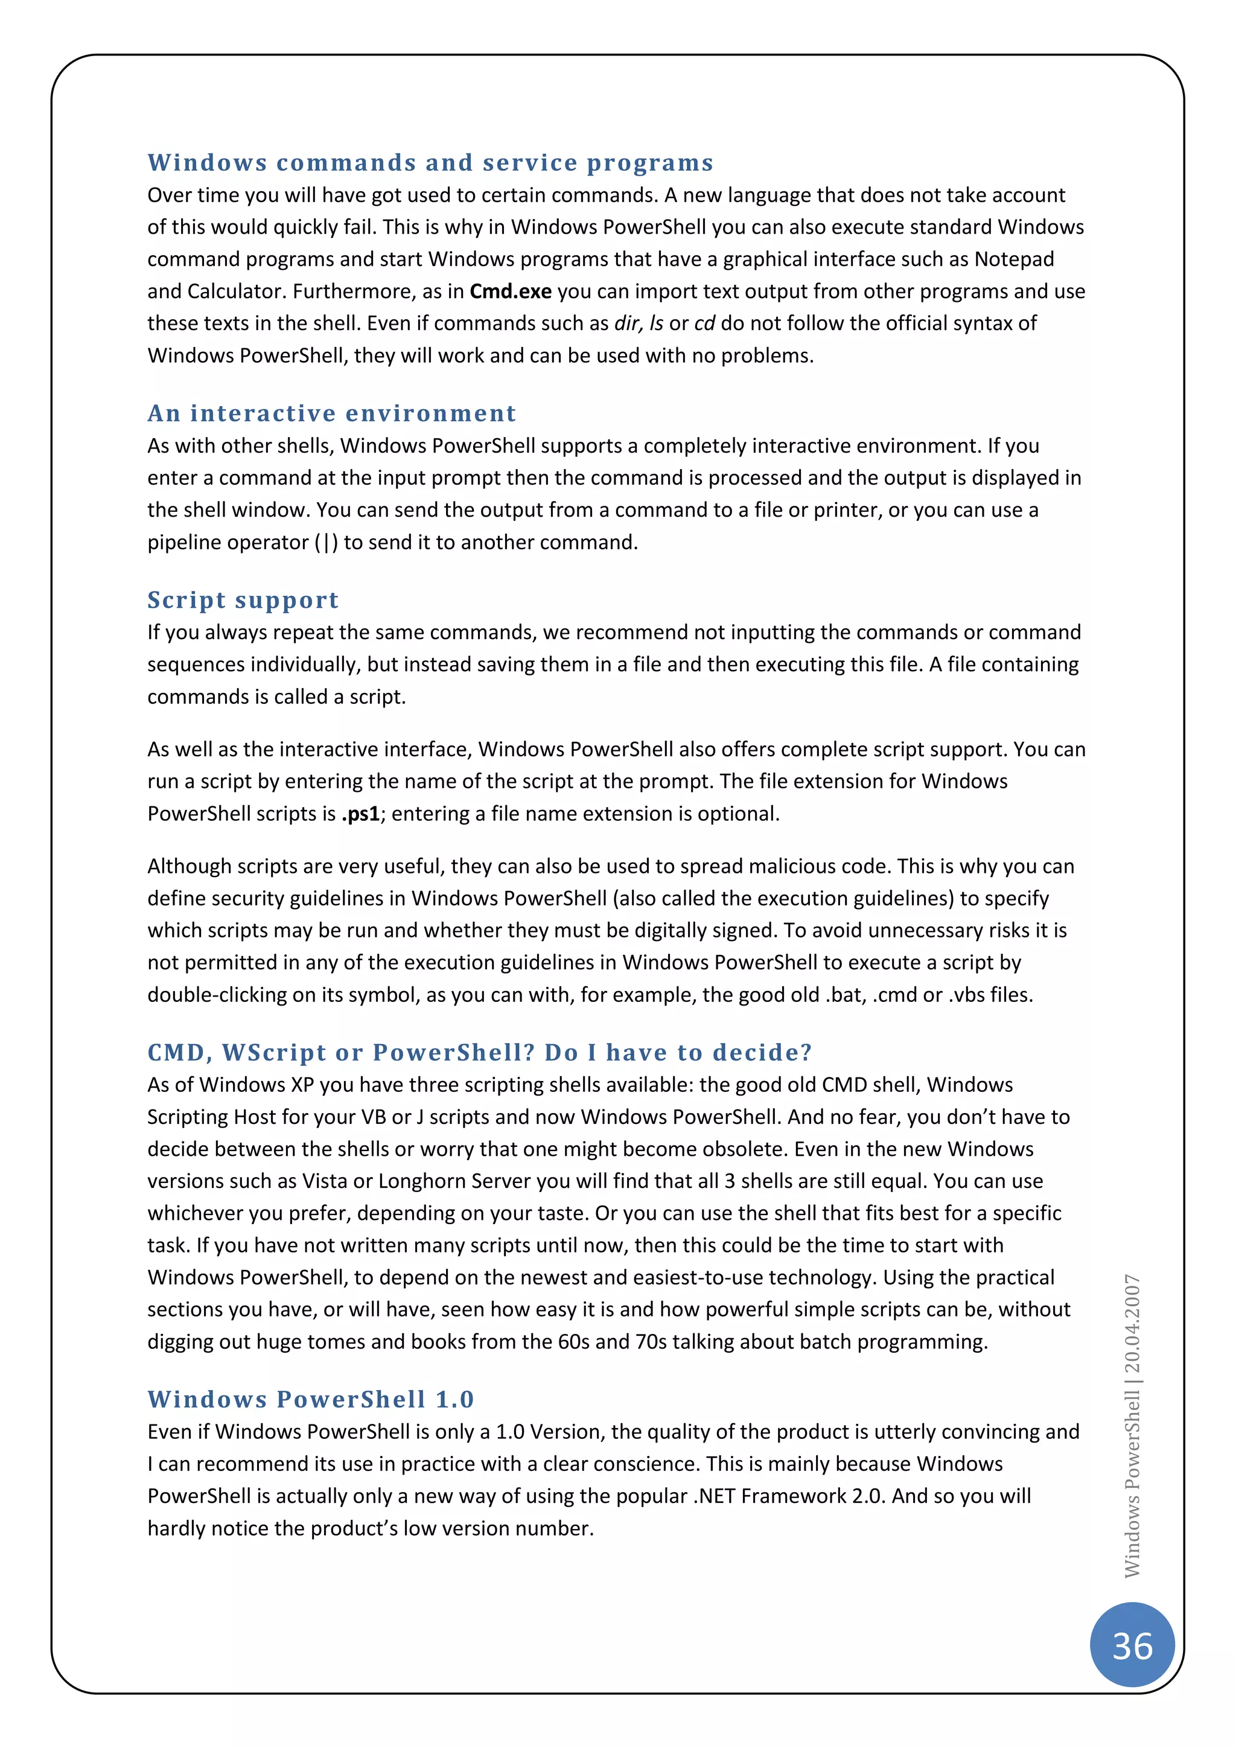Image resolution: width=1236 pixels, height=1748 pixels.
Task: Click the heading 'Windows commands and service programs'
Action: [x=430, y=163]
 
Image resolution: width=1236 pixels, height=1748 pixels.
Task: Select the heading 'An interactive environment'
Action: [x=332, y=413]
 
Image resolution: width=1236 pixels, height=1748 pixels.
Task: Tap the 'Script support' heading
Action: [x=243, y=600]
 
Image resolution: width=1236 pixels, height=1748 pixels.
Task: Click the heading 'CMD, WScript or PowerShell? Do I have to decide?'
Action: [x=479, y=1052]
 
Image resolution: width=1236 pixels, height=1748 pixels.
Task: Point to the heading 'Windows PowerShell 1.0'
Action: [x=311, y=1399]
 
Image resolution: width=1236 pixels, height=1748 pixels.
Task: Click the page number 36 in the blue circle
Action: [x=1132, y=1647]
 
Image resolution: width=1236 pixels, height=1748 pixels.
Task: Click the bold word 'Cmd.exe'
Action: [x=510, y=292]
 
